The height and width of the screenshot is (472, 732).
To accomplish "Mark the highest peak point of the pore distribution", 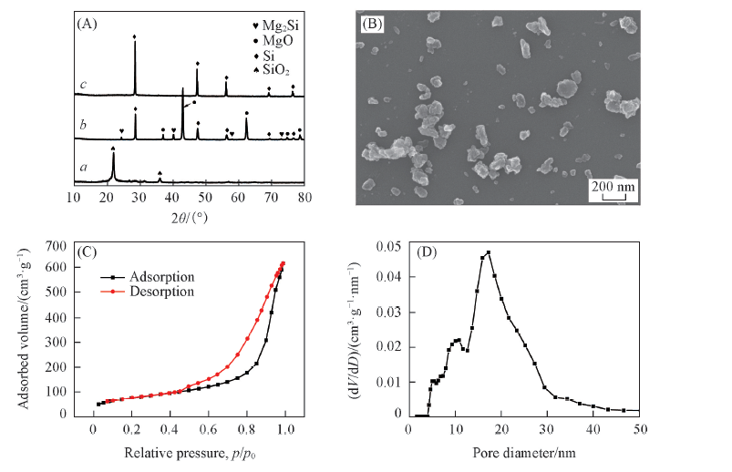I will (x=489, y=252).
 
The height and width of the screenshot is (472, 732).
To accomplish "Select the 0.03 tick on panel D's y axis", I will (x=387, y=312).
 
